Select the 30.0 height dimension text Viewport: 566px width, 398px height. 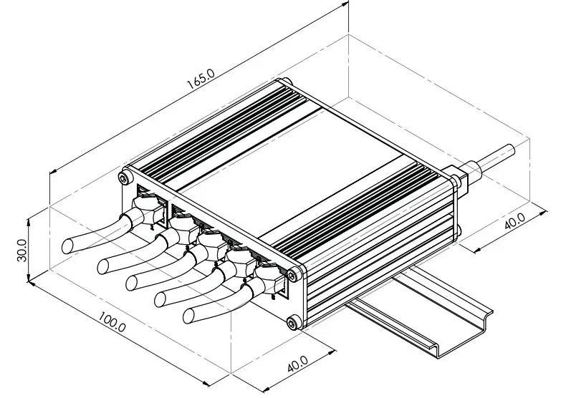21,250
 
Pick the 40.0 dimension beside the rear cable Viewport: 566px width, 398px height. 514,220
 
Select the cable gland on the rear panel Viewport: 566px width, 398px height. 459,175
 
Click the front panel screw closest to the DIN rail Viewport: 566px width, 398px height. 293,324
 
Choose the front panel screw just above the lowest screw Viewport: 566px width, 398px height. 293,273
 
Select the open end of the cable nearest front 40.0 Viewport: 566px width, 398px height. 191,314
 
